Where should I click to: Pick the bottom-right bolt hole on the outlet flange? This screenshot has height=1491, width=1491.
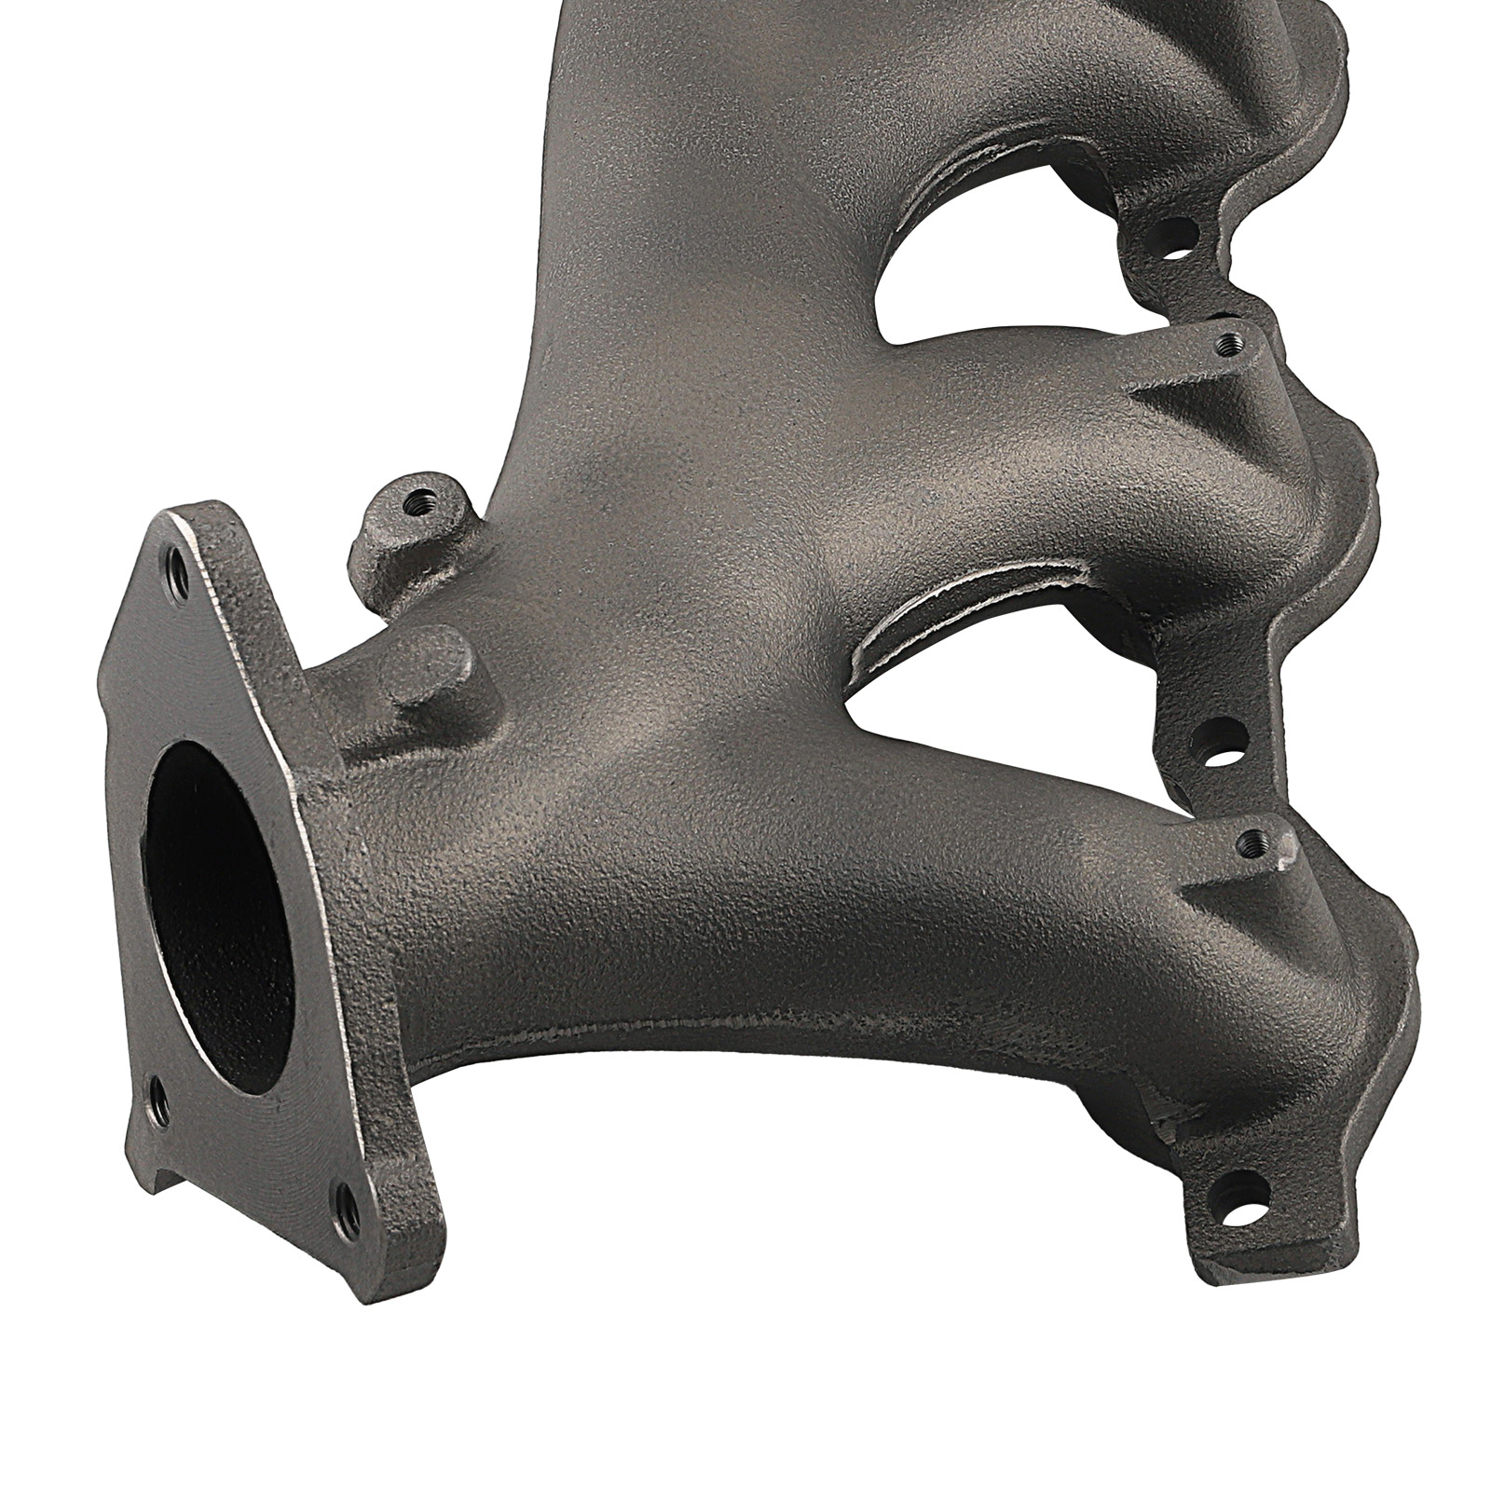(x=346, y=1199)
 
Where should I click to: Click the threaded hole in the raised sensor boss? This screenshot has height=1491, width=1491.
(x=413, y=509)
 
